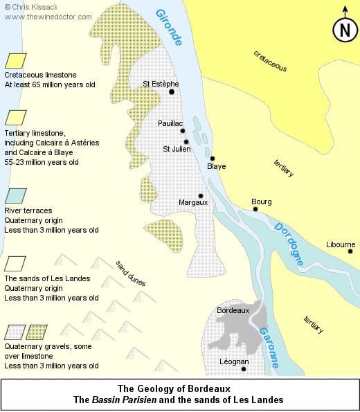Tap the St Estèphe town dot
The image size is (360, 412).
click(171, 92)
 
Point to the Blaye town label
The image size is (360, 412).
click(217, 167)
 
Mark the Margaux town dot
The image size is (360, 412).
click(201, 196)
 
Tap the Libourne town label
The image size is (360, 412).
click(341, 244)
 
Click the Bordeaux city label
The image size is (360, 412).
click(233, 311)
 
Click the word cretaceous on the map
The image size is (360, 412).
click(270, 60)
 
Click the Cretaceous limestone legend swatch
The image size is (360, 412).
click(16, 61)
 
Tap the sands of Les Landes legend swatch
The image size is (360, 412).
click(16, 264)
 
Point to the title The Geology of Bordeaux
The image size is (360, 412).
click(179, 388)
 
